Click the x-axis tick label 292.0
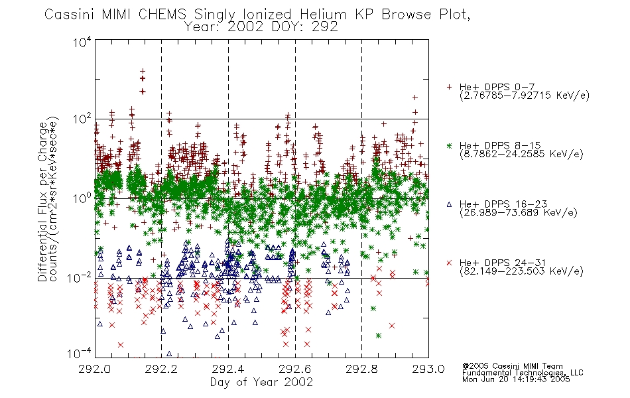(x=95, y=369)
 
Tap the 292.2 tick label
(x=162, y=369)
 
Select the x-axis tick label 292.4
(x=228, y=369)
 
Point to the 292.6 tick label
(x=295, y=369)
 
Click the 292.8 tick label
(x=361, y=369)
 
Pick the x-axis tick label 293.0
(x=428, y=369)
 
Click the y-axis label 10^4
(x=82, y=42)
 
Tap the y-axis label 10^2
(x=82, y=119)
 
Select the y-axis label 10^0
(x=82, y=198)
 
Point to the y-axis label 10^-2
(x=80, y=278)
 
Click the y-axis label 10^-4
(x=80, y=354)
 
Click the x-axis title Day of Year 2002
(x=261, y=382)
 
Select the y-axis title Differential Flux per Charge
(x=43, y=202)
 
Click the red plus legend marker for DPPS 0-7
(x=449, y=87)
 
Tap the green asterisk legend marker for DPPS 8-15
(x=449, y=146)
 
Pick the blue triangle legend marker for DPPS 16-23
(x=449, y=204)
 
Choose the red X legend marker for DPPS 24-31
(x=449, y=263)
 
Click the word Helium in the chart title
(x=323, y=15)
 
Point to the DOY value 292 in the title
(x=327, y=27)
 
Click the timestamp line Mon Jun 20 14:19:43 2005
(x=516, y=379)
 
